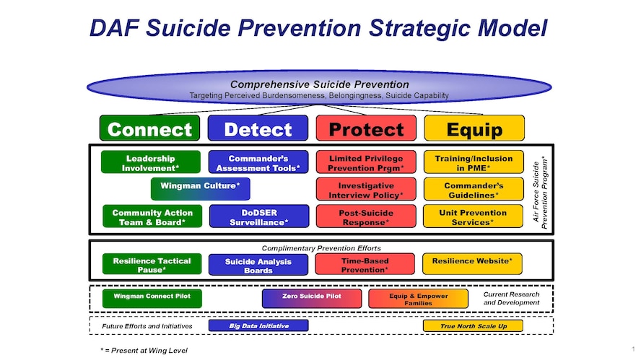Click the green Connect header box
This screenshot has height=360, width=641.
coord(150,128)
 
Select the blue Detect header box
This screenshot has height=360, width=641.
coord(258,128)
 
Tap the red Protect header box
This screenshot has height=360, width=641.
coord(366,128)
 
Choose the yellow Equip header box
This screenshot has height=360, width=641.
coord(474,128)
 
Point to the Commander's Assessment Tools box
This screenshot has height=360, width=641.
coord(258,162)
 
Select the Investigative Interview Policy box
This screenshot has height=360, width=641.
coord(366,189)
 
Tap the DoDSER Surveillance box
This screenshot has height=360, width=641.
coord(258,216)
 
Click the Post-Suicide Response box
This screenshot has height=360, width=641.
coord(366,216)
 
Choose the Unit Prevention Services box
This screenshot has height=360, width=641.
coord(474,216)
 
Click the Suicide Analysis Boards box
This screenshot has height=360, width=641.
coord(258,265)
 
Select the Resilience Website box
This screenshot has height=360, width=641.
coord(472,263)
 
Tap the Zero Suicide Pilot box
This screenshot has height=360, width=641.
coord(312,298)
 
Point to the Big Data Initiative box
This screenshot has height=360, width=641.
coord(258,326)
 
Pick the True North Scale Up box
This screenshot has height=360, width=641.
coord(473,326)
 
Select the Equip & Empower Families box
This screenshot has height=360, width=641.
coord(419,299)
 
